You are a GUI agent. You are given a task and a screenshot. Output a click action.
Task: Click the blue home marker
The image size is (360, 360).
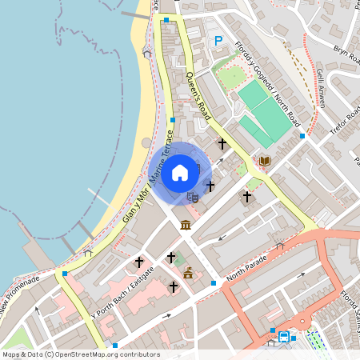[x=180, y=173]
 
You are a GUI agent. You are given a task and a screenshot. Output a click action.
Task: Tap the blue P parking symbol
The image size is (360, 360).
[x=217, y=41]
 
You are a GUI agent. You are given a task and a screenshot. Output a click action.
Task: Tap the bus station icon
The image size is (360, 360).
[x=283, y=337]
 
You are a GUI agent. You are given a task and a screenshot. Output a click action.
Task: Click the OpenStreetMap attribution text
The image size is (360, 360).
[x=80, y=354]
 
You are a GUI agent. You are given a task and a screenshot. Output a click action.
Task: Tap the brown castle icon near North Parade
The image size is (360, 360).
[x=188, y=274]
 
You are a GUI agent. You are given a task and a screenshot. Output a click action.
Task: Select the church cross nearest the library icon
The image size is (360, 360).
[x=247, y=196]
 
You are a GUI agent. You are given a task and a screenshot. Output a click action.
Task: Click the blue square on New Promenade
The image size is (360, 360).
[x=64, y=274]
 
